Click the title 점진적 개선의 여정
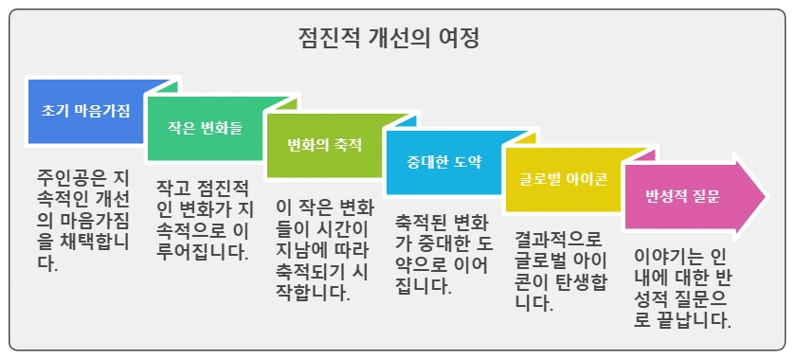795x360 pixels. pos(388,39)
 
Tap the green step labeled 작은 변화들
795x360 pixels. pos(204,128)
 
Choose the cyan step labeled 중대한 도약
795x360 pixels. pos(443,162)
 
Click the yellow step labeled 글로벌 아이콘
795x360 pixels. pos(563,179)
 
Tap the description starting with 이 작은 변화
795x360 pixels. pos(324,249)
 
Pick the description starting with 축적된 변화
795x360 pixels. pos(443,253)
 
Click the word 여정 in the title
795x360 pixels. pos(461,39)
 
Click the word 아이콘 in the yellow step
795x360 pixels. pos(586,179)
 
